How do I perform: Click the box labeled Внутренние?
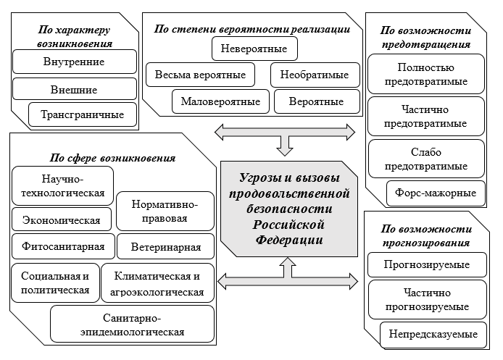click(x=74, y=62)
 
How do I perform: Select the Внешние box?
click(x=74, y=90)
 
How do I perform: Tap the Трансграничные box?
click(x=82, y=114)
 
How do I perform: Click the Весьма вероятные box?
click(x=199, y=75)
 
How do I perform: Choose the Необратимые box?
click(x=315, y=75)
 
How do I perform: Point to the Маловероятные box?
click(x=220, y=101)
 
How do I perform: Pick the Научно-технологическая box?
click(x=62, y=186)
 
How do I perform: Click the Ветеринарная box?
click(x=166, y=246)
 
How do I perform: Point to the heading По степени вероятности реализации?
click(x=252, y=29)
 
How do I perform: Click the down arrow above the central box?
click(x=286, y=146)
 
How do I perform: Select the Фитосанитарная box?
click(x=63, y=246)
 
